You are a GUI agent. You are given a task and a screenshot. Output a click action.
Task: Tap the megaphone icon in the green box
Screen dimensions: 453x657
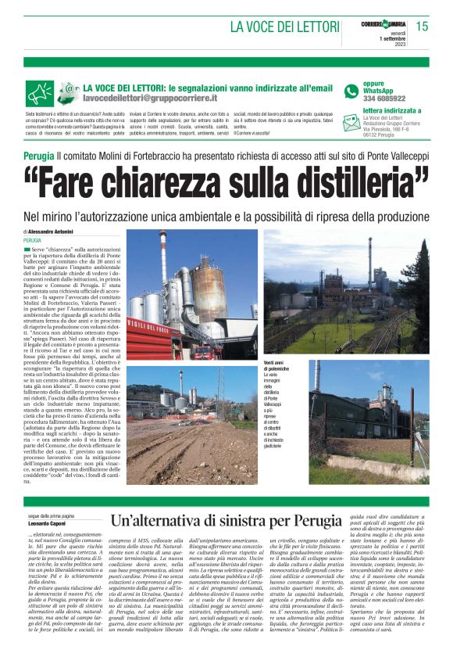40,92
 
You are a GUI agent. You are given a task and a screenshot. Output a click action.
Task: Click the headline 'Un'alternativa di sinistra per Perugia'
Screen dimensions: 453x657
226,522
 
